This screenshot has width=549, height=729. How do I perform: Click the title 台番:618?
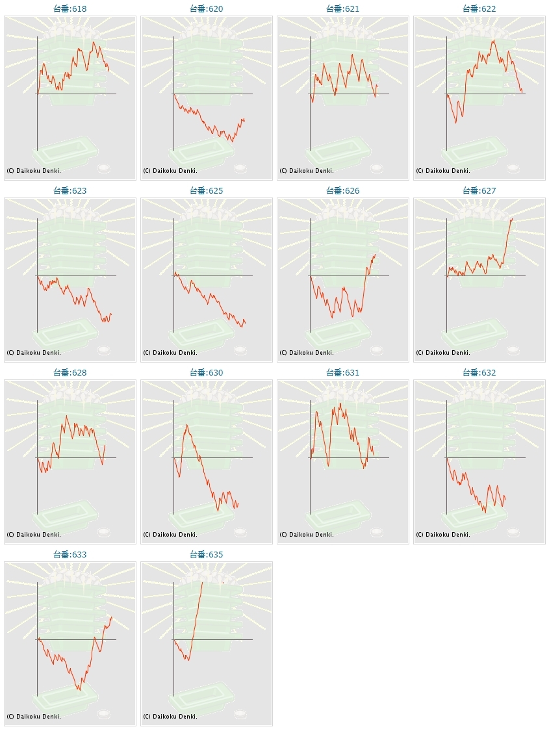(x=70, y=9)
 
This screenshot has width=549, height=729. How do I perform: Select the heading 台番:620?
(x=207, y=9)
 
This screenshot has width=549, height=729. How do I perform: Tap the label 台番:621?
(x=343, y=9)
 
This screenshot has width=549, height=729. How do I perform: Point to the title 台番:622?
(x=479, y=9)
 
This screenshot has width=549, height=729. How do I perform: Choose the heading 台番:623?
(x=70, y=191)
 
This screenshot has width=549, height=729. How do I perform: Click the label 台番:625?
(x=207, y=191)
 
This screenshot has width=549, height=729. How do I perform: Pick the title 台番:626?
(x=343, y=191)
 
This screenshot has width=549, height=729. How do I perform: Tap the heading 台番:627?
(x=479, y=191)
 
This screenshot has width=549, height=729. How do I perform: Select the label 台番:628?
(x=70, y=373)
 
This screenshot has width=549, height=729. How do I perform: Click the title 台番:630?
(x=207, y=373)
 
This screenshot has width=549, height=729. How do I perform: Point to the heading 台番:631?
(x=343, y=373)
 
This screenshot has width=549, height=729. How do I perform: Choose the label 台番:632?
(x=479, y=373)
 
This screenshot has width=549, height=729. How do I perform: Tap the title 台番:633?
(x=70, y=555)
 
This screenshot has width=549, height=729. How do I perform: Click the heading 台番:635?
(x=207, y=555)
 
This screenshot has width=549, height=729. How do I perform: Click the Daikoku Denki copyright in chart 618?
(x=34, y=171)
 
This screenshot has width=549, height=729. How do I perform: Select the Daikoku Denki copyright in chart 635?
(x=170, y=717)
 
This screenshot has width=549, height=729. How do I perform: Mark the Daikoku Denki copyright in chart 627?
(x=443, y=353)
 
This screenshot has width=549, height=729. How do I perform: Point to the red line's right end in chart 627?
(x=513, y=219)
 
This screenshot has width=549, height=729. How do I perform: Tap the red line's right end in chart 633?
(x=112, y=617)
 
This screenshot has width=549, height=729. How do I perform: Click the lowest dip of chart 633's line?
(x=79, y=689)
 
